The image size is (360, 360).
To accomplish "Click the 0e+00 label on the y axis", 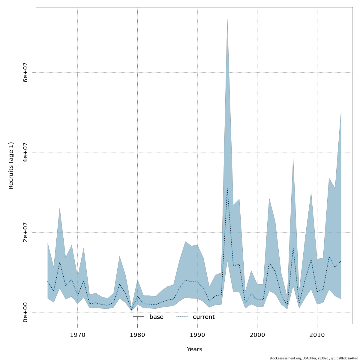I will pos(25,312).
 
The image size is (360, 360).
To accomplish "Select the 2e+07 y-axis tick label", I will pos(25,232).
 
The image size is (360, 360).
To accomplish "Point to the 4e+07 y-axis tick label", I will pos(25,152).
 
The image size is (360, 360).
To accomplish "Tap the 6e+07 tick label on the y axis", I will pos(25,72).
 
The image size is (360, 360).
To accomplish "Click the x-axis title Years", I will pos(194,349).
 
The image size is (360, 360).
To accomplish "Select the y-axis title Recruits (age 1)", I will pos(11,166).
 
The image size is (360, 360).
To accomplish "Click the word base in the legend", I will pos(156,317).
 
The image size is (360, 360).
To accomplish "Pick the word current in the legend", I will pos(204,317).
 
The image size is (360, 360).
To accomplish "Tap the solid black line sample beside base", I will pos(139,317).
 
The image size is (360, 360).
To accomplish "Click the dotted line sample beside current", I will pos(182,317).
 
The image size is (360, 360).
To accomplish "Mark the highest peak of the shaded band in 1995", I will pos(227,19).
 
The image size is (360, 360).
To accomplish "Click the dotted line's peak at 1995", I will pos(227,189).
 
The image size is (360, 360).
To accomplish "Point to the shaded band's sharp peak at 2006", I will pos(293,158).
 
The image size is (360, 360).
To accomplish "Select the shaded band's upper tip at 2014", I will pos(341,111).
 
